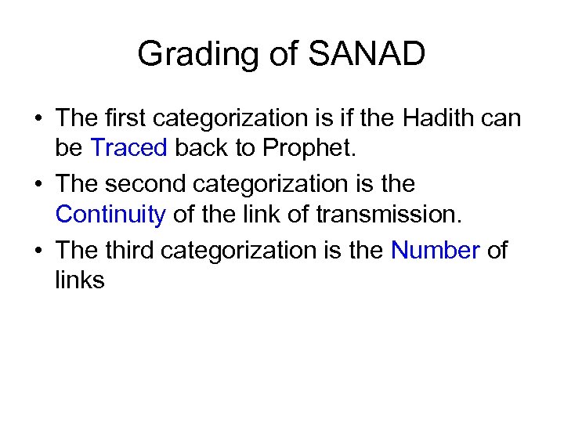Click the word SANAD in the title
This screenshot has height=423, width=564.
(367, 55)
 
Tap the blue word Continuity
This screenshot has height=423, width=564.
(110, 214)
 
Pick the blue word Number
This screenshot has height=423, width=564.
(435, 251)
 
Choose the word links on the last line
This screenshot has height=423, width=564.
(79, 280)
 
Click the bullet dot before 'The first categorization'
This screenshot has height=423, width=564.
(38, 120)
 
